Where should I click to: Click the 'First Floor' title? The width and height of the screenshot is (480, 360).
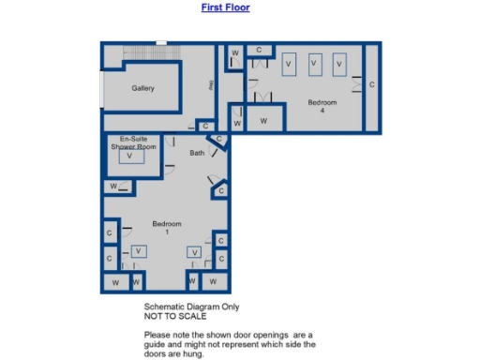pyautogui.click(x=225, y=7)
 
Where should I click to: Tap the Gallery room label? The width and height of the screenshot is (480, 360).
pyautogui.click(x=142, y=89)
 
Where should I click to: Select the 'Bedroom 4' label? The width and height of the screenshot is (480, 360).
pyautogui.click(x=322, y=106)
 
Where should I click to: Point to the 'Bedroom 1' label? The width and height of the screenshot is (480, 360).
pyautogui.click(x=167, y=228)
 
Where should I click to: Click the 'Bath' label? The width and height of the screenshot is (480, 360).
pyautogui.click(x=197, y=153)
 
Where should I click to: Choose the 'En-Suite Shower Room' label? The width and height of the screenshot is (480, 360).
pyautogui.click(x=132, y=143)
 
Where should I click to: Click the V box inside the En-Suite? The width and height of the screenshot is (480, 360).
pyautogui.click(x=130, y=158)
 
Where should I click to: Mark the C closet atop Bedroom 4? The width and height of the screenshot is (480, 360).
pyautogui.click(x=259, y=50)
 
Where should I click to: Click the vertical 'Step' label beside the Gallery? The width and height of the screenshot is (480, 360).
pyautogui.click(x=212, y=86)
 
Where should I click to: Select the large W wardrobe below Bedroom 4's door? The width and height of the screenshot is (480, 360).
pyautogui.click(x=263, y=121)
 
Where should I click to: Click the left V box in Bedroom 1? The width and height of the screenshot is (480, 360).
pyautogui.click(x=139, y=251)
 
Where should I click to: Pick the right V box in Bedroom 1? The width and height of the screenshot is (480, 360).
pyautogui.click(x=194, y=251)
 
